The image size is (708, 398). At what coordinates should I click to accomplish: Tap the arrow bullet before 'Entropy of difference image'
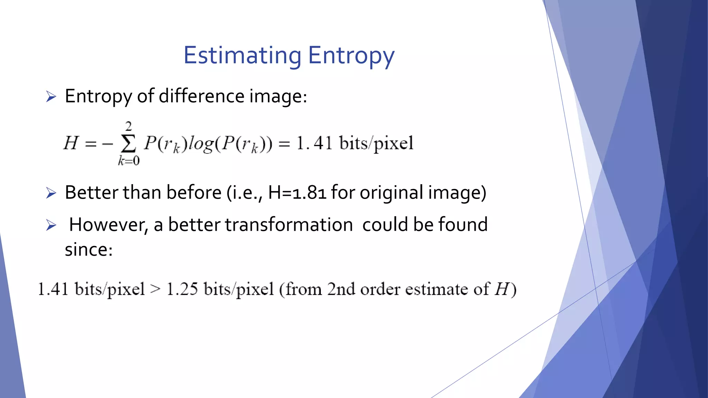(x=51, y=97)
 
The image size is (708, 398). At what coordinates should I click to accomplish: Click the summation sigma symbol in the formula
(x=128, y=144)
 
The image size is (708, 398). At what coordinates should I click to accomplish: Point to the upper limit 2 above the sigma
(x=129, y=126)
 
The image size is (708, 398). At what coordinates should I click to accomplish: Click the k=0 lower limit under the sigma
(x=129, y=161)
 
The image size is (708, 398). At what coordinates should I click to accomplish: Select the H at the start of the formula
(x=71, y=143)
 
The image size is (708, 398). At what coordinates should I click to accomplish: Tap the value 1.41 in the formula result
(x=315, y=143)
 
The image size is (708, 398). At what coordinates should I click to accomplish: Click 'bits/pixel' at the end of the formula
(x=376, y=143)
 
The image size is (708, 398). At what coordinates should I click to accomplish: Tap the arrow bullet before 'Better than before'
(x=51, y=193)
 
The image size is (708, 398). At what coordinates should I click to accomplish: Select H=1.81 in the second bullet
(x=297, y=192)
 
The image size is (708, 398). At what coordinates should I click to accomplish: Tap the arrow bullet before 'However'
(x=51, y=226)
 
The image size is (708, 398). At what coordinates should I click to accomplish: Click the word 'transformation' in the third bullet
(x=289, y=225)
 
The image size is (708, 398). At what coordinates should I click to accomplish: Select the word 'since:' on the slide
(x=89, y=249)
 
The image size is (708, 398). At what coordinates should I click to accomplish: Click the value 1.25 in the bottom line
(x=182, y=289)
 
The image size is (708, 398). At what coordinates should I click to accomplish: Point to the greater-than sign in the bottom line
(x=156, y=290)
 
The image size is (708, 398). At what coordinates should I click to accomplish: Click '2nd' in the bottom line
(x=341, y=289)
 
